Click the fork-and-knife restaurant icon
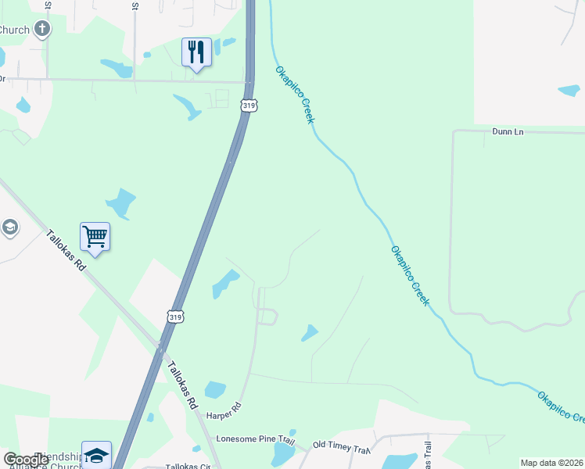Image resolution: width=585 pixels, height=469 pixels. click(196, 53)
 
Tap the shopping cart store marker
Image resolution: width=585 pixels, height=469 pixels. click(95, 236)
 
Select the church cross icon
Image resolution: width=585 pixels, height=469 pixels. click(42, 30)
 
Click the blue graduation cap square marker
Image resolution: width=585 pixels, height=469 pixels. click(96, 455)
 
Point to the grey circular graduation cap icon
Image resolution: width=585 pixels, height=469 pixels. click(9, 227)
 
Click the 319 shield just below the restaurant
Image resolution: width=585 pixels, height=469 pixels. click(249, 105)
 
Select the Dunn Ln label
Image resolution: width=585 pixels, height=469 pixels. click(508, 131)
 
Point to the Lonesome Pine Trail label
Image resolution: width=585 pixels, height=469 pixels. click(255, 440)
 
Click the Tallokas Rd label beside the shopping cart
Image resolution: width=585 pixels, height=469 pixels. click(65, 249)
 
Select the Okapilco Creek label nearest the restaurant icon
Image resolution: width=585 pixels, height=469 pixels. click(295, 95)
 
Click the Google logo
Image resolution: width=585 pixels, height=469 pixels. click(25, 460)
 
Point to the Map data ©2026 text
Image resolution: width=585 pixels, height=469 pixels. click(552, 463)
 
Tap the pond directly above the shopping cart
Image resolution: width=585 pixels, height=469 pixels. click(121, 203)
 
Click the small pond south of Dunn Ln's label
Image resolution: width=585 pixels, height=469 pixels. click(569, 91)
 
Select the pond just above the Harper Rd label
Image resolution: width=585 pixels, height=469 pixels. click(214, 389)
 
